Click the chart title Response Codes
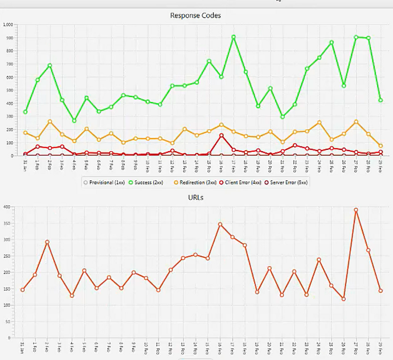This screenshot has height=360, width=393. [x=196, y=15]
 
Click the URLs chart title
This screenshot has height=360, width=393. [x=196, y=198]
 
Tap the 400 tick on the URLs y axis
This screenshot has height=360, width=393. [x=6, y=207]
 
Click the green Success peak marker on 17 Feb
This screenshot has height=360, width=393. [x=233, y=37]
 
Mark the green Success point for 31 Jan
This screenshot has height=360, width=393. [x=25, y=111]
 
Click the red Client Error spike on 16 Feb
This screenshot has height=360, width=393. [x=221, y=135]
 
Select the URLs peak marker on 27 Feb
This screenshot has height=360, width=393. [x=356, y=210]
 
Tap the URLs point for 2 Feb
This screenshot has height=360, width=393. [x=47, y=242]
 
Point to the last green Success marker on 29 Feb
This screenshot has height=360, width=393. [x=380, y=100]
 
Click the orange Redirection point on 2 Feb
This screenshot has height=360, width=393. [x=50, y=121]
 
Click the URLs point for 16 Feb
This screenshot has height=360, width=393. [x=220, y=224]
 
